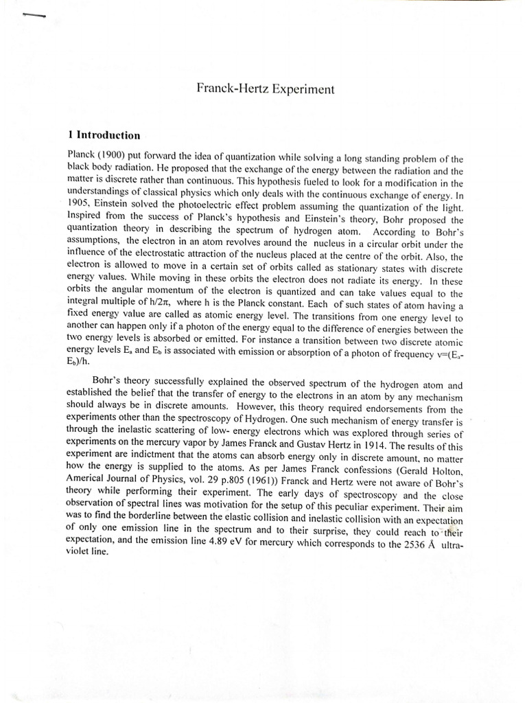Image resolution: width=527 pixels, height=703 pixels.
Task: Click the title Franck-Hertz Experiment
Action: (267, 89)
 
